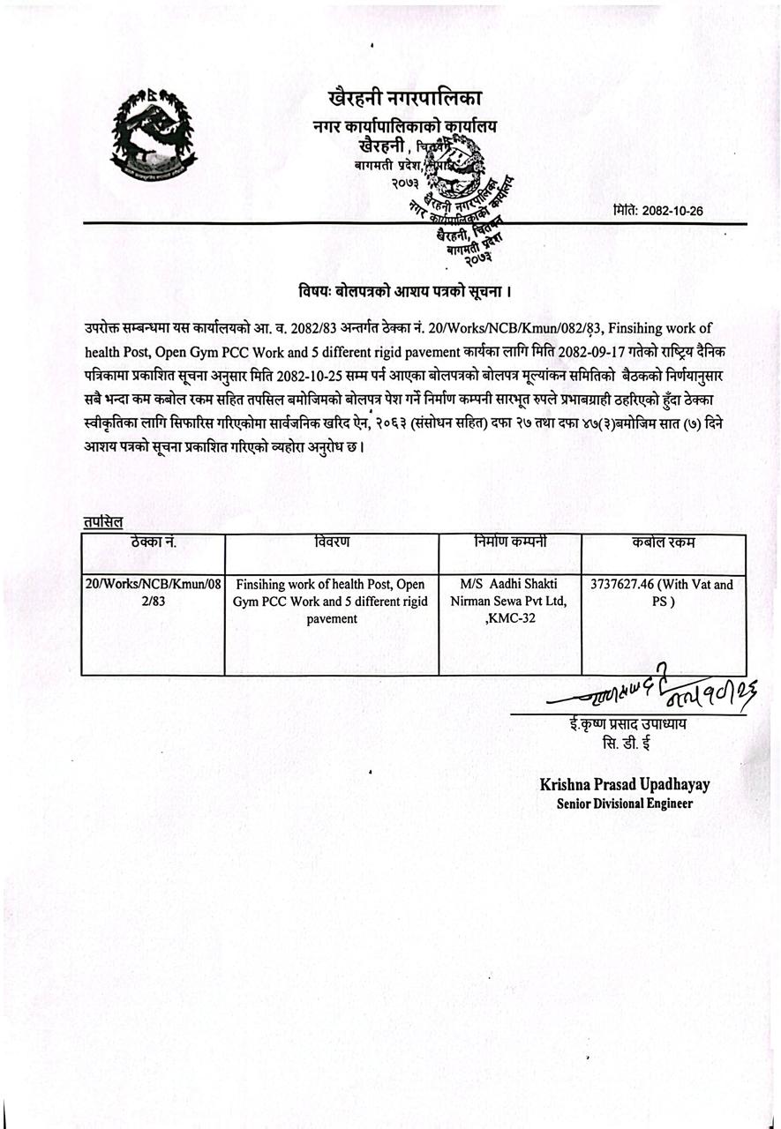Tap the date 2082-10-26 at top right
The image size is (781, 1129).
coord(657,211)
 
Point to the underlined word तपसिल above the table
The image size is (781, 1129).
coord(103,522)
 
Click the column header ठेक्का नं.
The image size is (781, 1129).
coord(153,542)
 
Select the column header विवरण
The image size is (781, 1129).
coord(332,542)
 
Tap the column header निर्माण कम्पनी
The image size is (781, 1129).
coord(509,542)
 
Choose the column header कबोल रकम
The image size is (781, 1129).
coord(663,542)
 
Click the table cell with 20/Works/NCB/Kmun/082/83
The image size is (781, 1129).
coord(153,593)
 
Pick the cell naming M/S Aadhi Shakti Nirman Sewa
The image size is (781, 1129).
coord(509,601)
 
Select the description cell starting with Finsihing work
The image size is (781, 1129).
coord(332,601)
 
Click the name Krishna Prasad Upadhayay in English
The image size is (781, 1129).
coord(625,784)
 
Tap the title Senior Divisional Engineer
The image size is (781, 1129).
coord(625,804)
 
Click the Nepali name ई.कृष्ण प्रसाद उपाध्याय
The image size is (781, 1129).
coord(627,725)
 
